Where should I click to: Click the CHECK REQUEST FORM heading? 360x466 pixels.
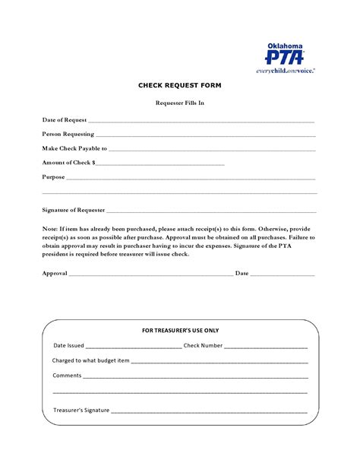[x=179, y=87]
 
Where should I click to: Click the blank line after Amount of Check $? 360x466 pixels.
[x=160, y=163]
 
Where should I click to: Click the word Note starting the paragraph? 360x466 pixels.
[x=49, y=228]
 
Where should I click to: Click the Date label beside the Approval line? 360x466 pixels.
[x=242, y=272]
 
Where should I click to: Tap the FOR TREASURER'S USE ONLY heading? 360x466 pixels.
[x=181, y=331]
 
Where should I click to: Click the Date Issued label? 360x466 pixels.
[x=68, y=345]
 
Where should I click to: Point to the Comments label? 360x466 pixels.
[x=66, y=376]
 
